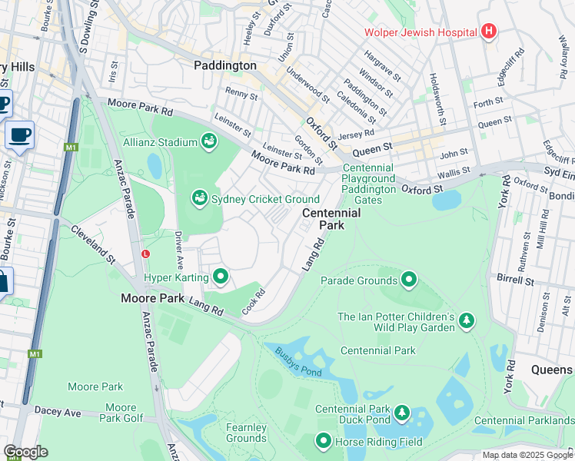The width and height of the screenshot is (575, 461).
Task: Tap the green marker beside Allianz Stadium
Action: click(x=208, y=141)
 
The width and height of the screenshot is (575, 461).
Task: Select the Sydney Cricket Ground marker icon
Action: click(x=200, y=199)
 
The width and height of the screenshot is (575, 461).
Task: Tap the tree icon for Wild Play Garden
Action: click(x=467, y=322)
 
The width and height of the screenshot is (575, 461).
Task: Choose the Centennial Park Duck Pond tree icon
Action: click(x=401, y=415)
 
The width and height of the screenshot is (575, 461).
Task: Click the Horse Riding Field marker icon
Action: click(x=324, y=441)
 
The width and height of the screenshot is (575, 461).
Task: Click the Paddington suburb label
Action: click(x=224, y=66)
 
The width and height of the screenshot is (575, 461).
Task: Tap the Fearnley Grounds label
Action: click(x=246, y=433)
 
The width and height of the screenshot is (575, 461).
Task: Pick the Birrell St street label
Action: click(x=515, y=278)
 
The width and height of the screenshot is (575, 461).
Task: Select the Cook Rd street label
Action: click(x=254, y=302)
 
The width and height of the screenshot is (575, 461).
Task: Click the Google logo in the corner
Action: click(x=25, y=452)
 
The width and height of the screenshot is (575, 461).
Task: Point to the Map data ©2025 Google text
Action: click(x=527, y=455)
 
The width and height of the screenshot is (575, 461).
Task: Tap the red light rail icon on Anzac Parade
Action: click(x=145, y=254)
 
